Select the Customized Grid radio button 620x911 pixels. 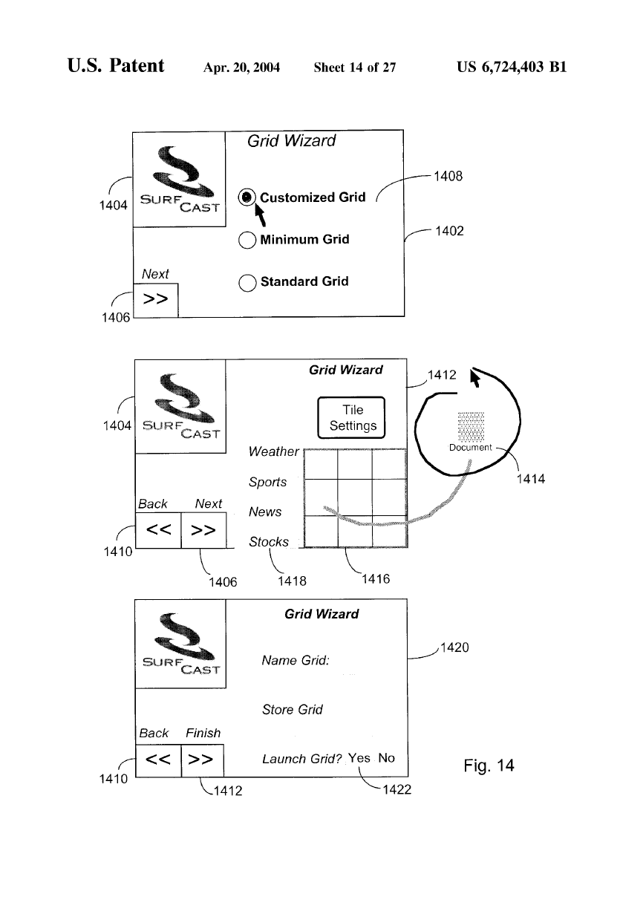[247, 197]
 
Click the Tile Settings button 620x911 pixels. [352, 419]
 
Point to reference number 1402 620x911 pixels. [448, 231]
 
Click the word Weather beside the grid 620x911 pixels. [273, 452]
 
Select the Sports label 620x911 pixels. [268, 483]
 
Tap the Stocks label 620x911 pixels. [269, 542]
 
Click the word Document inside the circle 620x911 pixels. [470, 448]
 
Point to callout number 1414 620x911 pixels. [529, 480]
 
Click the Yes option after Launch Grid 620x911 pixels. [359, 758]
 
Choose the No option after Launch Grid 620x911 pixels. [386, 758]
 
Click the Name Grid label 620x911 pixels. [296, 660]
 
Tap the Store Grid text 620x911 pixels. [292, 710]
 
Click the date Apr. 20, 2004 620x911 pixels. [241, 68]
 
